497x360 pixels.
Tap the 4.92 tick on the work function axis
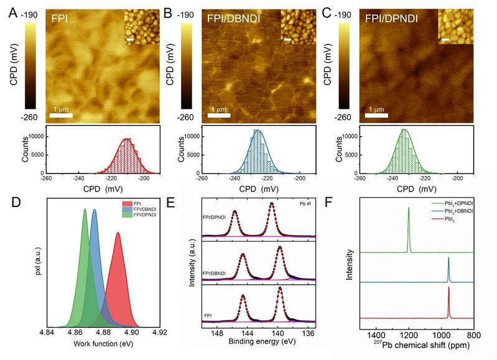click(x=160, y=333)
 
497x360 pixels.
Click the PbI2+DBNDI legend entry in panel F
click(x=452, y=210)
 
